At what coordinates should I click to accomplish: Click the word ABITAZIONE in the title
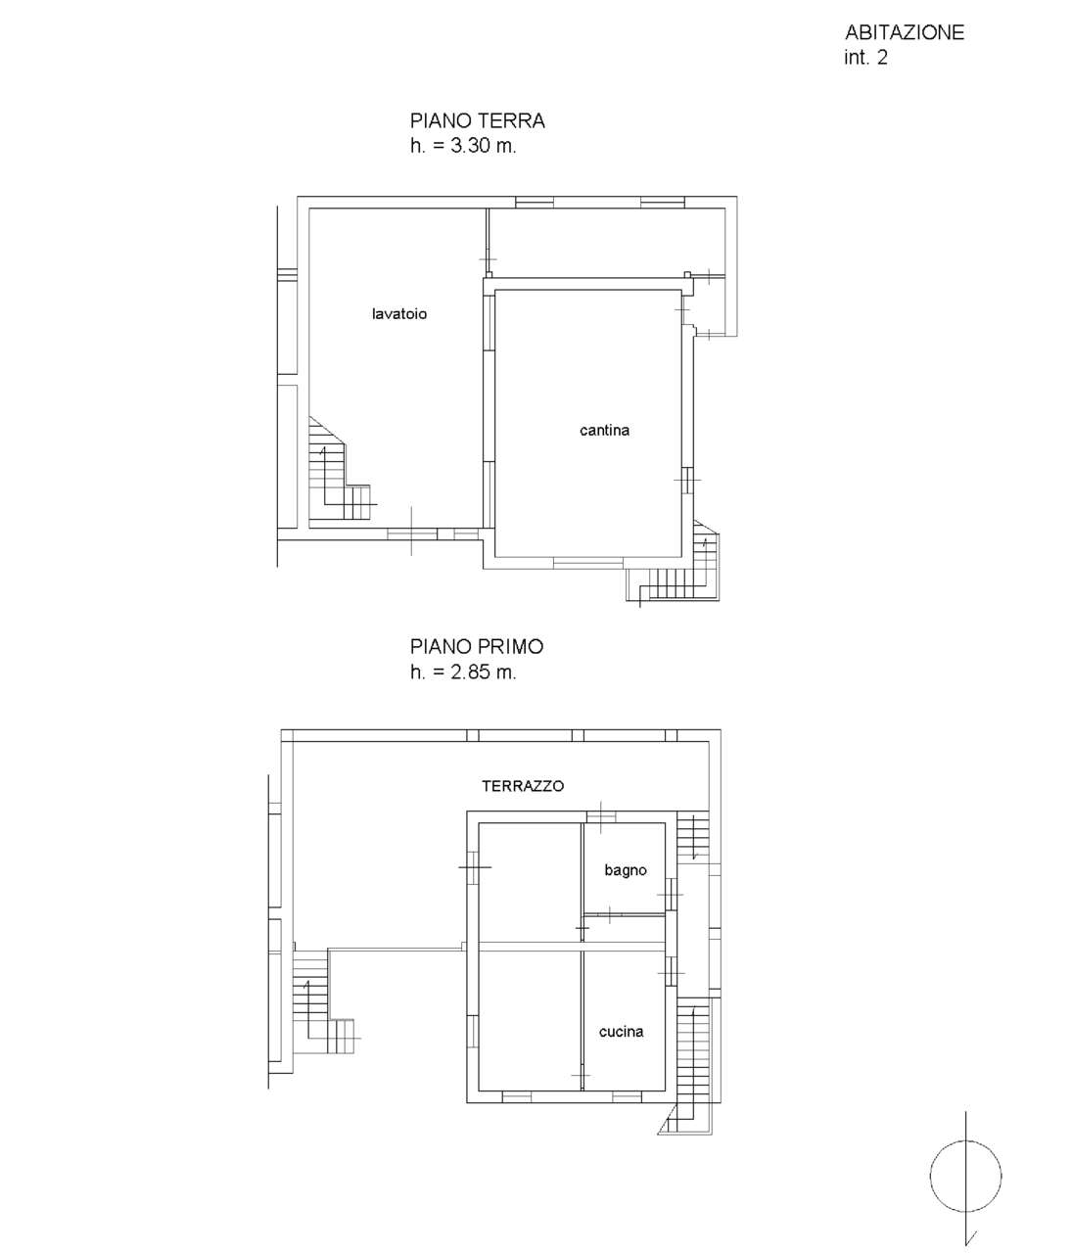point(904,32)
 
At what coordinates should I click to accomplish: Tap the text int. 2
point(865,58)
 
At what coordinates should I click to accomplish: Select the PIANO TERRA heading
point(477,120)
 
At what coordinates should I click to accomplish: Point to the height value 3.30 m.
point(484,146)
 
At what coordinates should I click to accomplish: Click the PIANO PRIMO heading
point(477,647)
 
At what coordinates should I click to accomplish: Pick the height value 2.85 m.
point(484,673)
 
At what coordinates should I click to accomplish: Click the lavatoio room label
point(399,314)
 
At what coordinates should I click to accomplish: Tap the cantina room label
point(604,431)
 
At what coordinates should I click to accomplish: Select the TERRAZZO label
point(523,786)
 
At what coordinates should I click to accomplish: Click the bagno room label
point(626,870)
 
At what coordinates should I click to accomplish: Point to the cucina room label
point(621,1032)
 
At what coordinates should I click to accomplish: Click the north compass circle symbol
point(966,1177)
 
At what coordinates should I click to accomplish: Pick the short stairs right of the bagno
point(692,837)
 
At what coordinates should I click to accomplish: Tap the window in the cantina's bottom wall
point(588,563)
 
